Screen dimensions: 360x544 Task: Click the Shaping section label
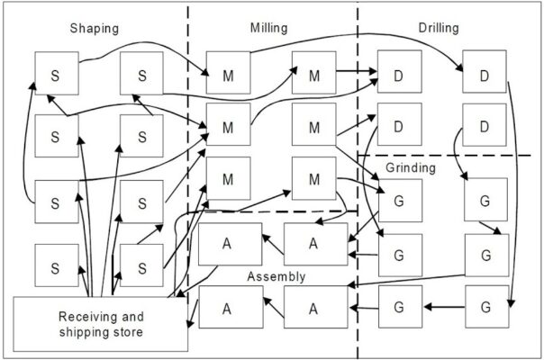[x=95, y=29]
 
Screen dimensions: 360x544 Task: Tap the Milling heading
[x=268, y=29]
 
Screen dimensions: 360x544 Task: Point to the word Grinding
[x=412, y=167]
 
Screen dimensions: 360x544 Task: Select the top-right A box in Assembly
[x=314, y=243]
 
